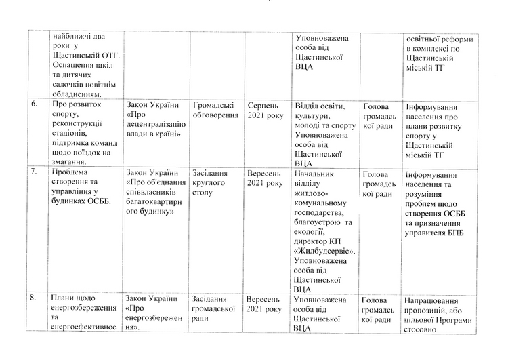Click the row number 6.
[x=34, y=106]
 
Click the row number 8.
[x=34, y=299]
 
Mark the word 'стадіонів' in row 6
[x=70, y=130]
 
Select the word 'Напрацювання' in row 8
[x=433, y=300]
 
